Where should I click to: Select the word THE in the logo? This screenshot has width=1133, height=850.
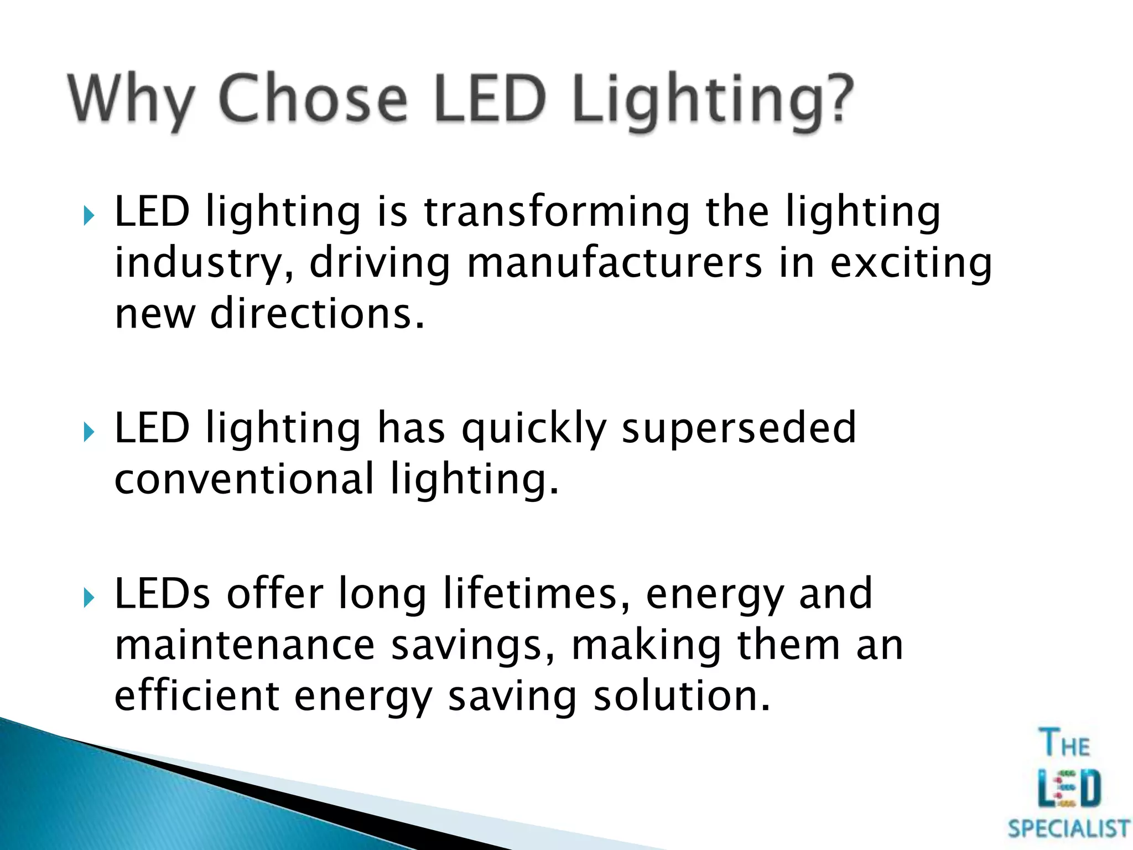click(x=1064, y=743)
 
